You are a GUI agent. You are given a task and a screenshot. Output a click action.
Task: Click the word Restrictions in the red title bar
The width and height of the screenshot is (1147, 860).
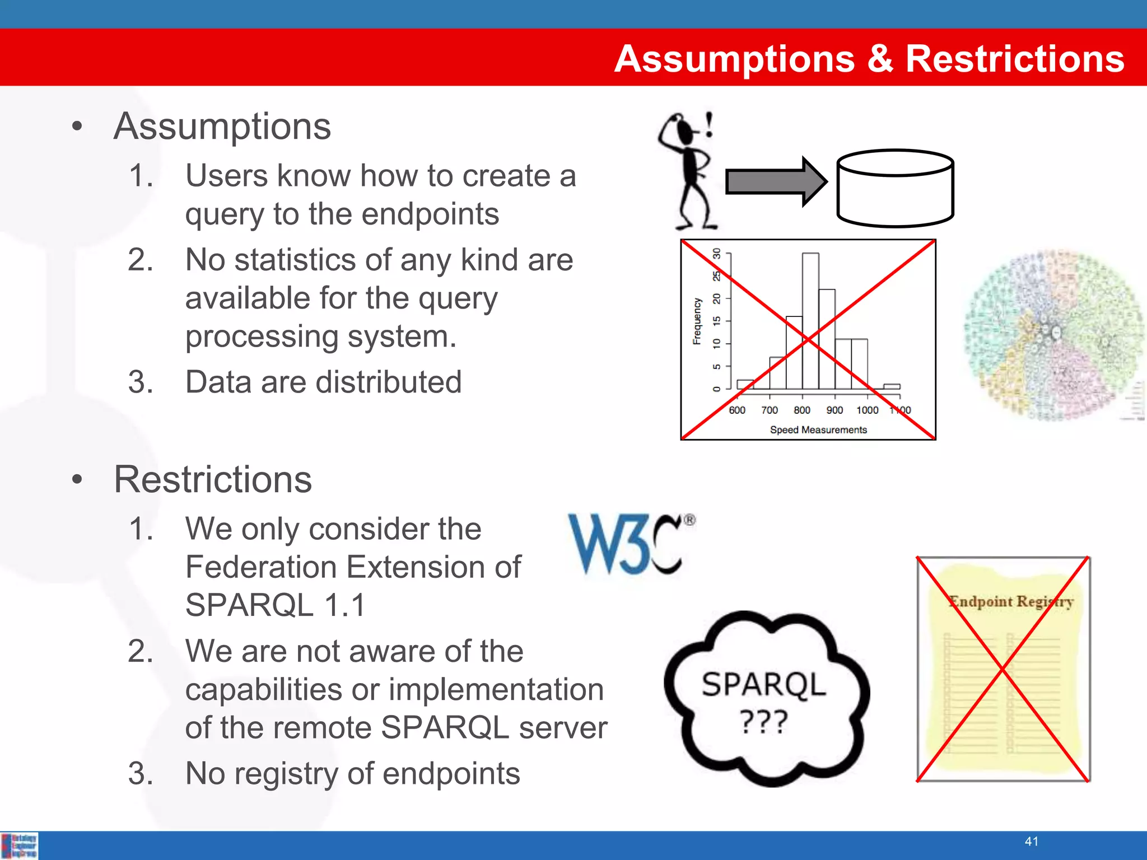[1014, 59]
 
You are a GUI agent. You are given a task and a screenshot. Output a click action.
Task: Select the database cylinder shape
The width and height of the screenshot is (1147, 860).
[895, 189]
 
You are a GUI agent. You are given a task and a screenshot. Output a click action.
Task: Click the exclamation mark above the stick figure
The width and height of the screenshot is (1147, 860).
[709, 124]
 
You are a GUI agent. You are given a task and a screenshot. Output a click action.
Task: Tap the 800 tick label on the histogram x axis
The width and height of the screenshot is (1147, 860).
[802, 410]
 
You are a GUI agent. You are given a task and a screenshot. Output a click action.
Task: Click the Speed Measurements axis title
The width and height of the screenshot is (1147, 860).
[818, 430]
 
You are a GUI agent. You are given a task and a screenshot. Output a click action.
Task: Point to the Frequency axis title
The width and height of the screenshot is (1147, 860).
[697, 321]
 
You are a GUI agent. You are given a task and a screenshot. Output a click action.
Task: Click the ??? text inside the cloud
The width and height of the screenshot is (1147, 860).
[763, 722]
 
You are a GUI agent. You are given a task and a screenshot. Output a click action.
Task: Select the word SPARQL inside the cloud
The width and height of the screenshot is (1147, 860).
[763, 684]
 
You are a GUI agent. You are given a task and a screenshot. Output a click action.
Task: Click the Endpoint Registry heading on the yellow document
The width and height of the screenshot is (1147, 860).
[1011, 602]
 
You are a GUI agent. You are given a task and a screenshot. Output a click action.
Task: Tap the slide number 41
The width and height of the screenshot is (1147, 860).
[1031, 841]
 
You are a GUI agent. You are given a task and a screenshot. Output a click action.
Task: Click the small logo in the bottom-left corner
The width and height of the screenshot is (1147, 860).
[20, 845]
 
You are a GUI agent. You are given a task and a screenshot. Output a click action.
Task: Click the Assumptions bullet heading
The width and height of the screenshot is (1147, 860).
[222, 127]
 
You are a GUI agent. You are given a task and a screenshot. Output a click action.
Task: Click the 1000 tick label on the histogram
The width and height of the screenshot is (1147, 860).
[867, 410]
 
